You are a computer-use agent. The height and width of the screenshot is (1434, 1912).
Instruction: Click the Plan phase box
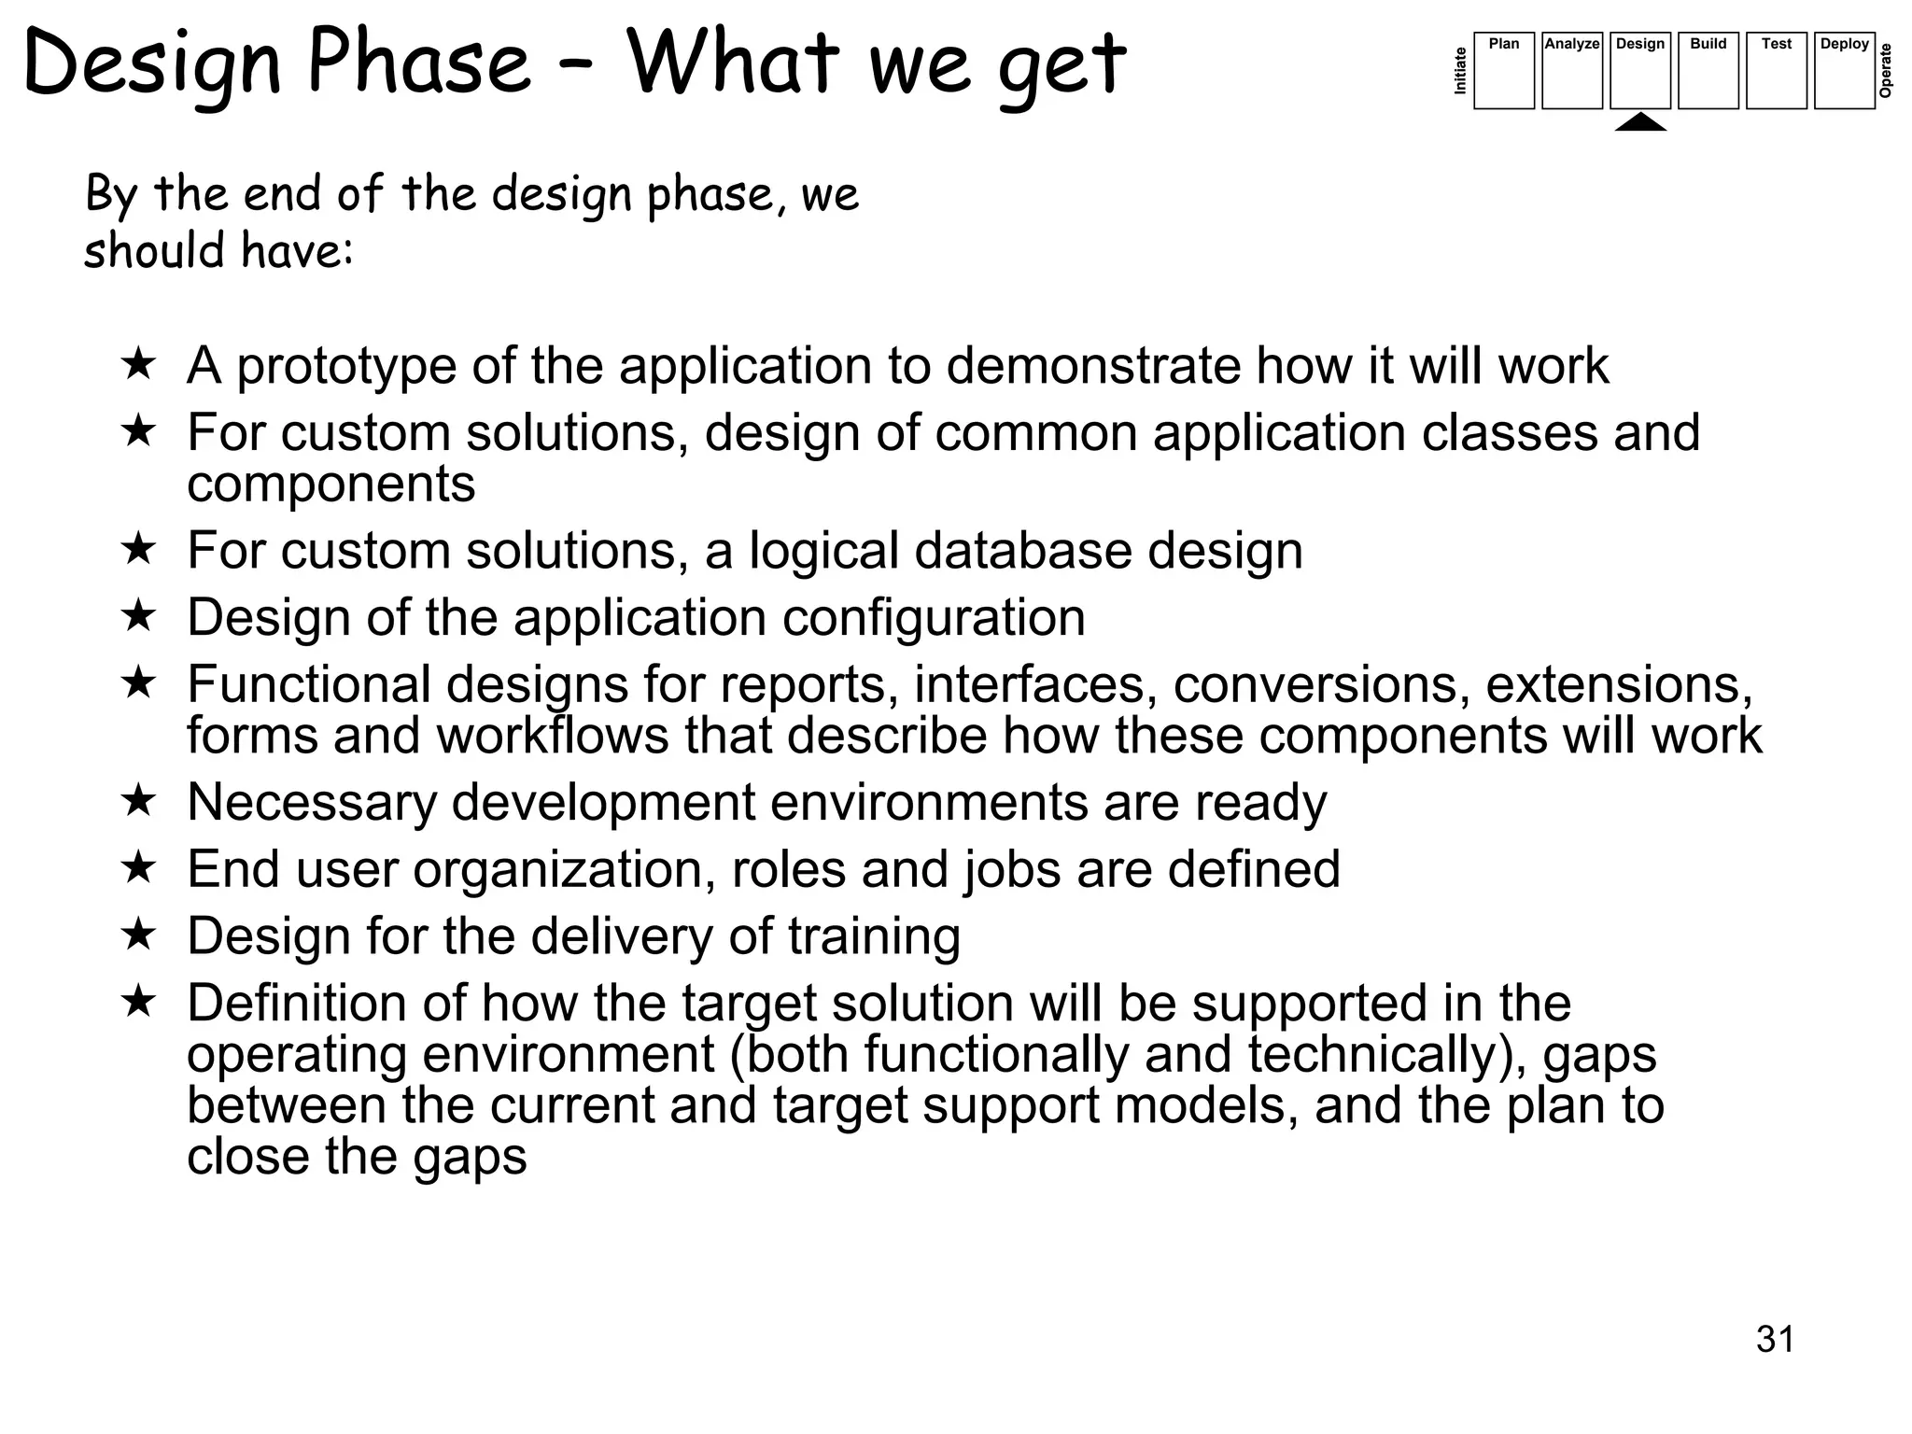(x=1503, y=71)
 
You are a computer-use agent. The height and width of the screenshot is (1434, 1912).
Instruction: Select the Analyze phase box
(x=1571, y=71)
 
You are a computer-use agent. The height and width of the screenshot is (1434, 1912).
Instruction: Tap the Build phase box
(x=1708, y=71)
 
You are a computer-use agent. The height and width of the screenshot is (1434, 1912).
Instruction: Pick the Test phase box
(x=1776, y=71)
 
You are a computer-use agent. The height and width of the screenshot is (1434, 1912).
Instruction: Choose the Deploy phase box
(x=1844, y=71)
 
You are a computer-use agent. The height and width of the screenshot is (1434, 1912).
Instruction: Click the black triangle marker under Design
(x=1640, y=122)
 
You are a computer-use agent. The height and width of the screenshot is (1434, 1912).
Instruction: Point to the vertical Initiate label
(x=1461, y=71)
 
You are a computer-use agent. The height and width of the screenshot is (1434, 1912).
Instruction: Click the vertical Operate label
(x=1886, y=71)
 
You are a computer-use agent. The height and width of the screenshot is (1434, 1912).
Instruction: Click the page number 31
(x=1775, y=1339)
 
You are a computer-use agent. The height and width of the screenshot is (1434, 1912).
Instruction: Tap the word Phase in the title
(x=418, y=63)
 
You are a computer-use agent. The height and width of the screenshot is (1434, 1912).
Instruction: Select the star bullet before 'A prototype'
(x=138, y=363)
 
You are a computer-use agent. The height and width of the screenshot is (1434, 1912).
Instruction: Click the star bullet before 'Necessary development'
(x=138, y=800)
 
